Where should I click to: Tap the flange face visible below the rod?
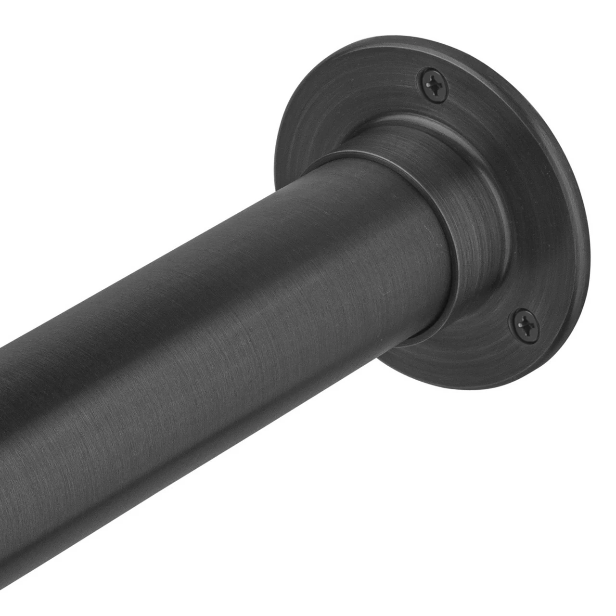click(x=433, y=366)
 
